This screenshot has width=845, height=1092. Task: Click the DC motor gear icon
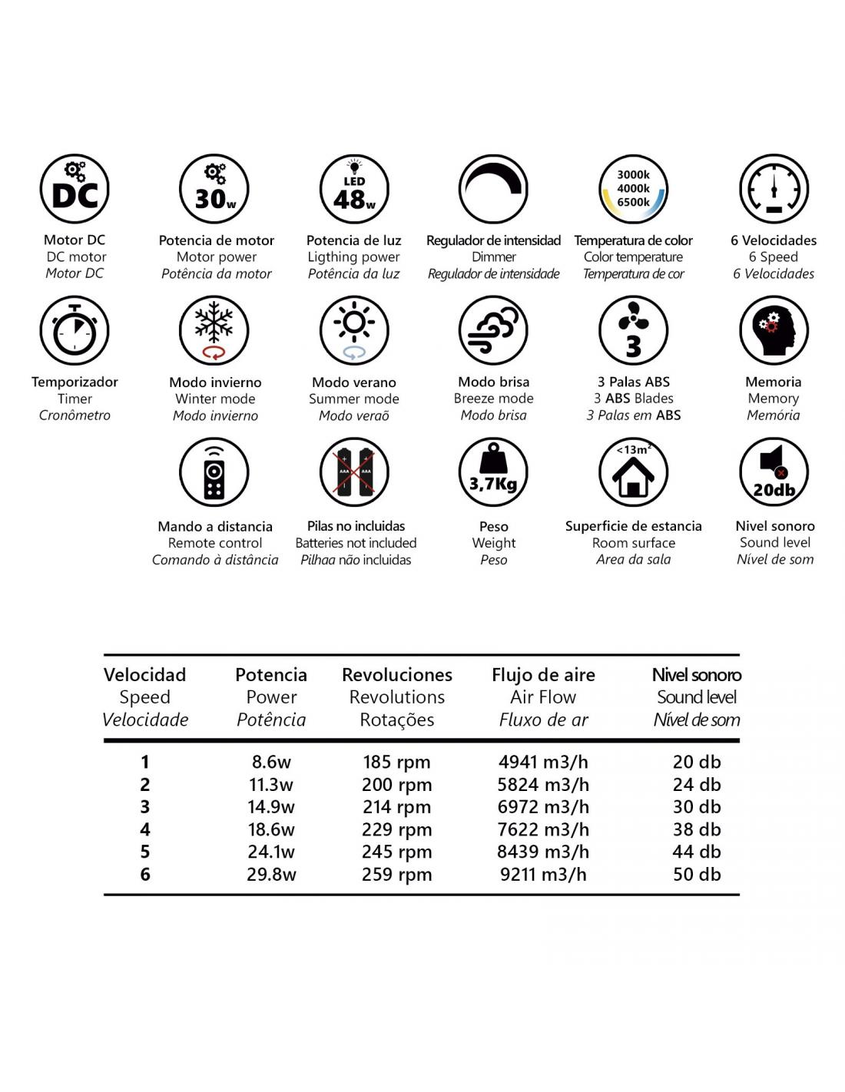(x=75, y=189)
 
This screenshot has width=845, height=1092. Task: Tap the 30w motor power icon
(x=214, y=189)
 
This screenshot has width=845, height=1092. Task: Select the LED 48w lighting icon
(x=354, y=189)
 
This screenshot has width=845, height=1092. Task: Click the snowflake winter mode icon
(x=214, y=330)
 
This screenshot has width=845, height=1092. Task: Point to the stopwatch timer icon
(x=75, y=330)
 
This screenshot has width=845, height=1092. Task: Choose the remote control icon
(x=214, y=472)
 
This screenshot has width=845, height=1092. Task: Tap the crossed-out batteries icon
(x=354, y=472)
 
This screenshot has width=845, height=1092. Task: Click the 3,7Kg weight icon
(x=493, y=472)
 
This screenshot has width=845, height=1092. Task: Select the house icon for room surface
(x=633, y=472)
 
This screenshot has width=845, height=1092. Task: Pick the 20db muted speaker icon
(x=774, y=472)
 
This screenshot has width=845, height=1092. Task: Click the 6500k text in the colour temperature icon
(x=633, y=203)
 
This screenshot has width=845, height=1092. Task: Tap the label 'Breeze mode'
(x=493, y=399)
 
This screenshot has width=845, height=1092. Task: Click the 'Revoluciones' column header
(x=397, y=675)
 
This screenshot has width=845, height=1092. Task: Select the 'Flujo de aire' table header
(x=543, y=675)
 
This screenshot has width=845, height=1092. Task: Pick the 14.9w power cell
(x=271, y=807)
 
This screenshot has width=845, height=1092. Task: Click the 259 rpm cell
(x=397, y=875)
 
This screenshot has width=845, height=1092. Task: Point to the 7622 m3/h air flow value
(x=543, y=829)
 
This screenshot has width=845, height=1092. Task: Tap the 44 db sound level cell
(x=697, y=852)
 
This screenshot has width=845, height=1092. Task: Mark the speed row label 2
(x=145, y=785)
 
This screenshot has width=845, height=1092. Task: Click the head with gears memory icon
(x=774, y=330)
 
